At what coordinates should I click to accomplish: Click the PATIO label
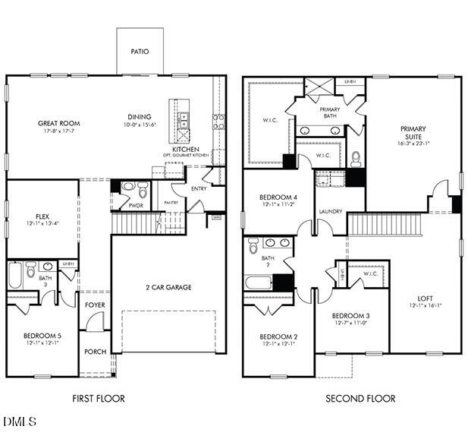139,52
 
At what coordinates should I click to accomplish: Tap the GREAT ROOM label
58,123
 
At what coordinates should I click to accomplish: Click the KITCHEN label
185,150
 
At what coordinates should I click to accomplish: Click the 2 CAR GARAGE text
168,287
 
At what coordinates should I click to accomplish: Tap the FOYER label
96,305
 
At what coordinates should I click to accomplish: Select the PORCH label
96,351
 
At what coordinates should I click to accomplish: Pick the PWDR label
136,205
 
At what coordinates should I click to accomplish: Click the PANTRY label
171,203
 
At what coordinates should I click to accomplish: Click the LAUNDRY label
330,211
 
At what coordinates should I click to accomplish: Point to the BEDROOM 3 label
350,315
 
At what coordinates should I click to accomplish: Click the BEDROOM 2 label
278,336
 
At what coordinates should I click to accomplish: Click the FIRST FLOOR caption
99,398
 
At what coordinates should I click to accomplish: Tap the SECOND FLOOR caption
360,398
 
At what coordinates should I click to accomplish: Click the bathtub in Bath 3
14,276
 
